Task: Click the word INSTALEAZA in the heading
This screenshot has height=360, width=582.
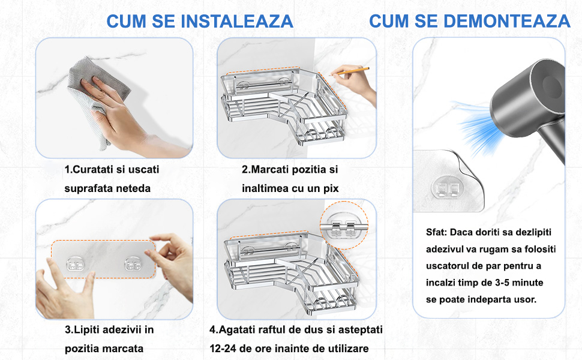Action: [237, 21]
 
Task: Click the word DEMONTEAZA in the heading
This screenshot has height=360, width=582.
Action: [507, 21]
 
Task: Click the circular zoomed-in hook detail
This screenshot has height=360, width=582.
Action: [344, 225]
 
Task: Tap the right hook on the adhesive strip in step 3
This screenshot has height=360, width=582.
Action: [133, 264]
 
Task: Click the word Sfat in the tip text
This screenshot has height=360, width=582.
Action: [436, 232]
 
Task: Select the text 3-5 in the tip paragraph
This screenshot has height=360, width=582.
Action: [503, 283]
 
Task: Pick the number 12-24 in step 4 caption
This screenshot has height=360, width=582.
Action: [223, 349]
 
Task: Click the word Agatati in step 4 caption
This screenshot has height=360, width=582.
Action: [236, 330]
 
